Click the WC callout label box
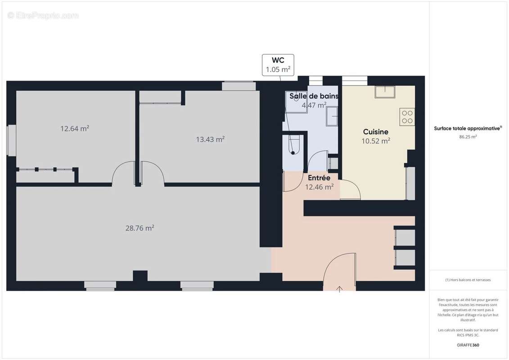(278, 65)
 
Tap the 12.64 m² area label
(75, 129)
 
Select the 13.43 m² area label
(210, 139)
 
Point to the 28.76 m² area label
(140, 228)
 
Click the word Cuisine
(376, 132)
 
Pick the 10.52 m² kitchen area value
(376, 141)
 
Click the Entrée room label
(319, 178)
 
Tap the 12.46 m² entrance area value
(320, 187)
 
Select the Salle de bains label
(314, 96)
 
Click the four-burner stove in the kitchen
(407, 117)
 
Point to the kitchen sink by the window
(385, 92)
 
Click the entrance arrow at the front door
(339, 289)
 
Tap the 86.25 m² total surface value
(468, 137)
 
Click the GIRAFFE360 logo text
(468, 345)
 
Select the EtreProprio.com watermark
(43, 15)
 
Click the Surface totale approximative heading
(468, 129)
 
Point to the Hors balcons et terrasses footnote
(468, 280)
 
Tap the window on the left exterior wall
(11, 140)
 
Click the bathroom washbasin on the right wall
(332, 116)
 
